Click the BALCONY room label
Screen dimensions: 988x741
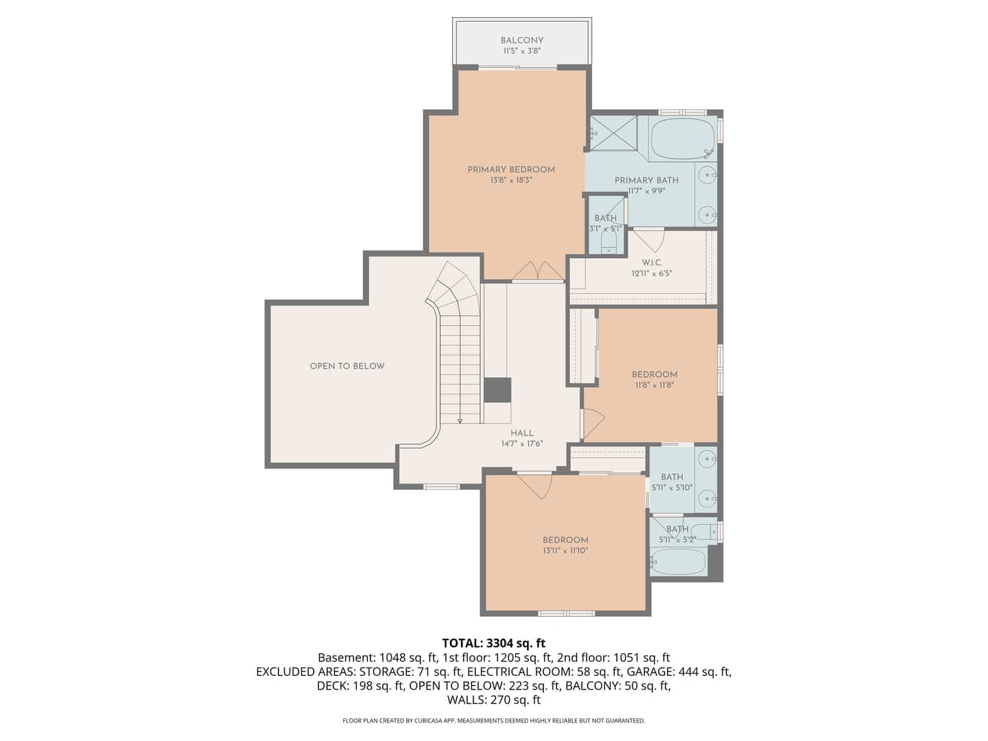(521, 40)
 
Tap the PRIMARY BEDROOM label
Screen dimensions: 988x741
(511, 169)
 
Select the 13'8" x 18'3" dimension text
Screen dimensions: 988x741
(511, 180)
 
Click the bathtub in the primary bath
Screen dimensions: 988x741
(683, 139)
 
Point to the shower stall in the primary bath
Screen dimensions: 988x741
(613, 133)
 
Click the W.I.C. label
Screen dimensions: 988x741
(652, 263)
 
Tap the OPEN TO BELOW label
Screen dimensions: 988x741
(347, 366)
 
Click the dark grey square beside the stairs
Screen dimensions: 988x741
(497, 390)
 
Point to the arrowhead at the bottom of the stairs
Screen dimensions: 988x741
(460, 421)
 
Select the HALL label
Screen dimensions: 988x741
(522, 433)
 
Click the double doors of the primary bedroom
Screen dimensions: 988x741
(537, 271)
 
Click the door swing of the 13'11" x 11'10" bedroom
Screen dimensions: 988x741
(534, 486)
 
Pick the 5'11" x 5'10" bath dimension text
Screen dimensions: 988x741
(672, 487)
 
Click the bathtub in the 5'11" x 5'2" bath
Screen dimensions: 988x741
(678, 561)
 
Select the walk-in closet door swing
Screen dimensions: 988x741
(649, 241)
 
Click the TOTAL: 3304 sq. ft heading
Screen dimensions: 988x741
(494, 643)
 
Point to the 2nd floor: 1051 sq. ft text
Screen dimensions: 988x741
(613, 658)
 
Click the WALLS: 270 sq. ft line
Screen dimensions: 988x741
(494, 700)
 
